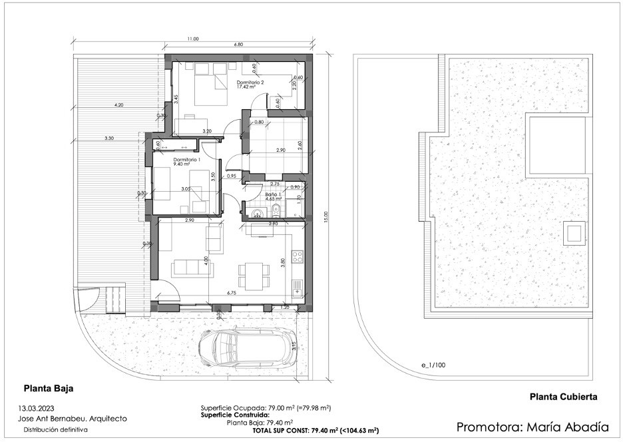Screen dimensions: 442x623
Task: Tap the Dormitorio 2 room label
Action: point(250,83)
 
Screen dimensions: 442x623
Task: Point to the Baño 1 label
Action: point(272,193)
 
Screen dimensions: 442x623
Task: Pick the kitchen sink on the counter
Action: point(298,287)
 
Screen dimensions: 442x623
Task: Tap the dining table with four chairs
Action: point(251,276)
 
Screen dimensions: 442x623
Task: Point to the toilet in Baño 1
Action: point(275,211)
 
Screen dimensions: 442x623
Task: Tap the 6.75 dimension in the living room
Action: point(232,292)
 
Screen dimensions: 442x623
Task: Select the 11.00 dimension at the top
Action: point(193,39)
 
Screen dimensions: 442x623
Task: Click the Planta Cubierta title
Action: point(563,396)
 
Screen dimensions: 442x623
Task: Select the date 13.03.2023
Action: point(39,407)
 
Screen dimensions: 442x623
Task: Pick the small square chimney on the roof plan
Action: point(573,233)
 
